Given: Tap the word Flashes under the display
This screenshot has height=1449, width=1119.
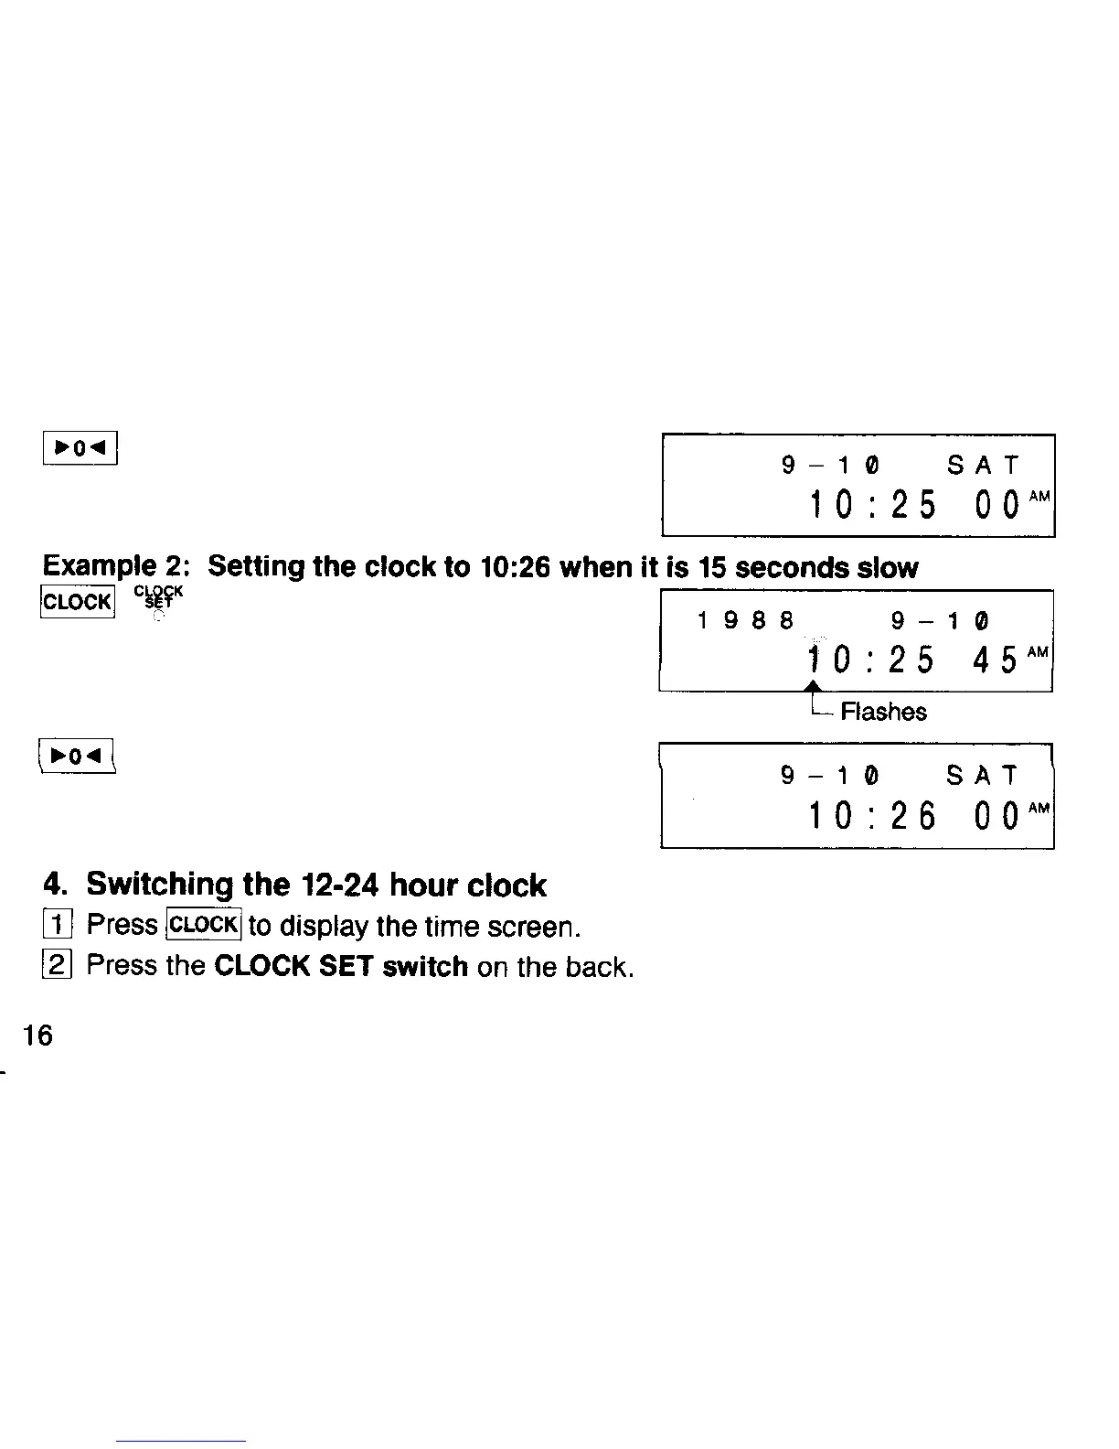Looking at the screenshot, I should point(883,713).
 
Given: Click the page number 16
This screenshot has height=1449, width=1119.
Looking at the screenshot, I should point(38,1036).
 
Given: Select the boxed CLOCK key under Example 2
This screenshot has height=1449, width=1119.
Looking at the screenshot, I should point(77,602).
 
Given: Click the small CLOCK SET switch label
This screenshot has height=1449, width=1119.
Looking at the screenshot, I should point(159,597).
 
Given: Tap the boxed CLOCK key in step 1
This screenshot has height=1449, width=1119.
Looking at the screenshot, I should point(204,925).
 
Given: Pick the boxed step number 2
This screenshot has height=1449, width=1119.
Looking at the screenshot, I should point(56,967).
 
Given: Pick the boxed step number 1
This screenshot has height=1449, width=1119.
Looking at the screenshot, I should point(56,926).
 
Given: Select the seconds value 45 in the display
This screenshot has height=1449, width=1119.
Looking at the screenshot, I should point(995,660).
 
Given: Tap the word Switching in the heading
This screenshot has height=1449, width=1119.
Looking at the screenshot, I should point(160,885).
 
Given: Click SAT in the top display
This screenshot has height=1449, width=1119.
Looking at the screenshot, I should point(983,467).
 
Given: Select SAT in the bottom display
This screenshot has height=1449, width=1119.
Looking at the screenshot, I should point(982,777).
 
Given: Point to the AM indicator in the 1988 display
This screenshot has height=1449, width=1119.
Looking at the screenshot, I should point(1038,651).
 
